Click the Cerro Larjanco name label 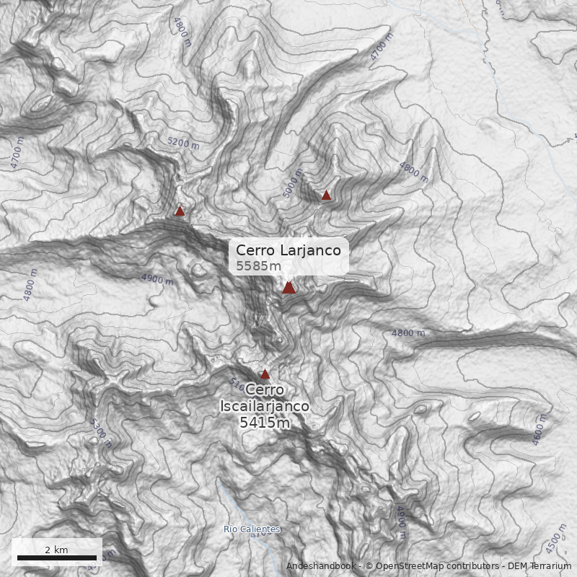pyautogui.click(x=288, y=250)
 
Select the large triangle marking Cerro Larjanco pyautogui.click(x=288, y=287)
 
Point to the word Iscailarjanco pyautogui.click(x=265, y=406)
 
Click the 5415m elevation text pyautogui.click(x=265, y=423)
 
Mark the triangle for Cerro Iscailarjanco pyautogui.click(x=265, y=374)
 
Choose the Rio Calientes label pyautogui.click(x=252, y=529)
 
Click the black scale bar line pyautogui.click(x=57, y=558)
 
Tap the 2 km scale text pyautogui.click(x=56, y=550)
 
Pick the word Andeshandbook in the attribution pyautogui.click(x=320, y=566)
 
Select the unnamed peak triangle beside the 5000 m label pyautogui.click(x=326, y=195)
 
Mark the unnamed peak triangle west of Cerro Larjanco pyautogui.click(x=180, y=211)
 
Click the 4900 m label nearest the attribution pyautogui.click(x=401, y=522)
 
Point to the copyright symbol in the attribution pyautogui.click(x=370, y=566)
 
